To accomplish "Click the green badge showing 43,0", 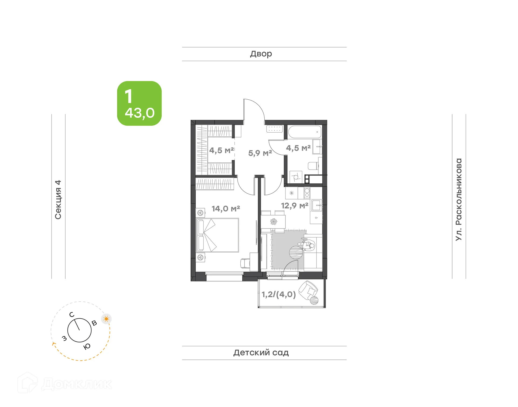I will tap(139, 103).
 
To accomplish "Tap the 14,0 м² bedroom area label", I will tap(226, 209).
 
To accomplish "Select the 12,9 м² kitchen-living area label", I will tap(295, 206).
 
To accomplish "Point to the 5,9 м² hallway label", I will tap(260, 153).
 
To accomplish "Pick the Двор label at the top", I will tap(261, 54).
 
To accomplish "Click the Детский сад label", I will tap(261, 353).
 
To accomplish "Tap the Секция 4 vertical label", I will tap(58, 200).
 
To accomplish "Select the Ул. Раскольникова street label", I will tap(459, 200).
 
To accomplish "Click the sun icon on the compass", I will tap(106, 319).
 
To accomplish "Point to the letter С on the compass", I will tap(72, 315).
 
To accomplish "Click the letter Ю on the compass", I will tap(87, 347).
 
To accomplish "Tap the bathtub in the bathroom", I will tap(305, 132).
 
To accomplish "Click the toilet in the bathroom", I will tap(313, 166).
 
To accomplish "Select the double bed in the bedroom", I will tap(217, 235).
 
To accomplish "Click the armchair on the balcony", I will tap(308, 291).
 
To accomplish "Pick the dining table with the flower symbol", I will tap(273, 222).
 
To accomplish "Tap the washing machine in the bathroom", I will tap(296, 177).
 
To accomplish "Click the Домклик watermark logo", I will tap(65, 383).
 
